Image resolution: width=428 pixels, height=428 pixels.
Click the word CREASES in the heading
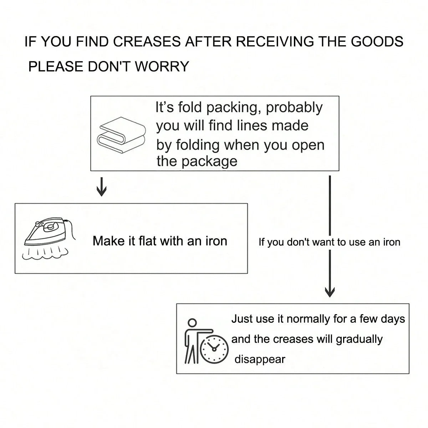click(x=147, y=42)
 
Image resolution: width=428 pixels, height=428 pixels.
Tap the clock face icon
click(x=214, y=349)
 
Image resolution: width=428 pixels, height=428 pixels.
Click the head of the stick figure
click(x=192, y=323)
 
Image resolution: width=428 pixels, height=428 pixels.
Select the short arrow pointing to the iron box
click(x=102, y=187)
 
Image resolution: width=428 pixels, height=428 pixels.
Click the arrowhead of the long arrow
click(x=330, y=292)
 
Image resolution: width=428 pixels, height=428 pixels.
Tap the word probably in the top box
click(x=294, y=108)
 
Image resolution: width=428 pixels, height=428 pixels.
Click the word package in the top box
click(x=209, y=161)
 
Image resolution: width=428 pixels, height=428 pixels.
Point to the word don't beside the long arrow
click(x=299, y=242)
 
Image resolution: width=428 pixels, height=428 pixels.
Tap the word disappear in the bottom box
click(x=260, y=359)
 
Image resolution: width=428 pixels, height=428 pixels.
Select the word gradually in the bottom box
click(x=359, y=339)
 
